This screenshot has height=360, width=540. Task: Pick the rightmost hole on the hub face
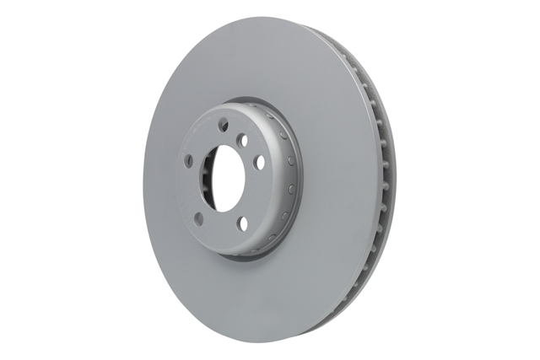tap(259, 160)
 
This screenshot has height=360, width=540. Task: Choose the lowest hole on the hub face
tap(242, 223)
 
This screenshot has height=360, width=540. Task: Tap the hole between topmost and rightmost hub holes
tap(243, 141)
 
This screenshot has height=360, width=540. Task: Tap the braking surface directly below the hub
tap(245, 287)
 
